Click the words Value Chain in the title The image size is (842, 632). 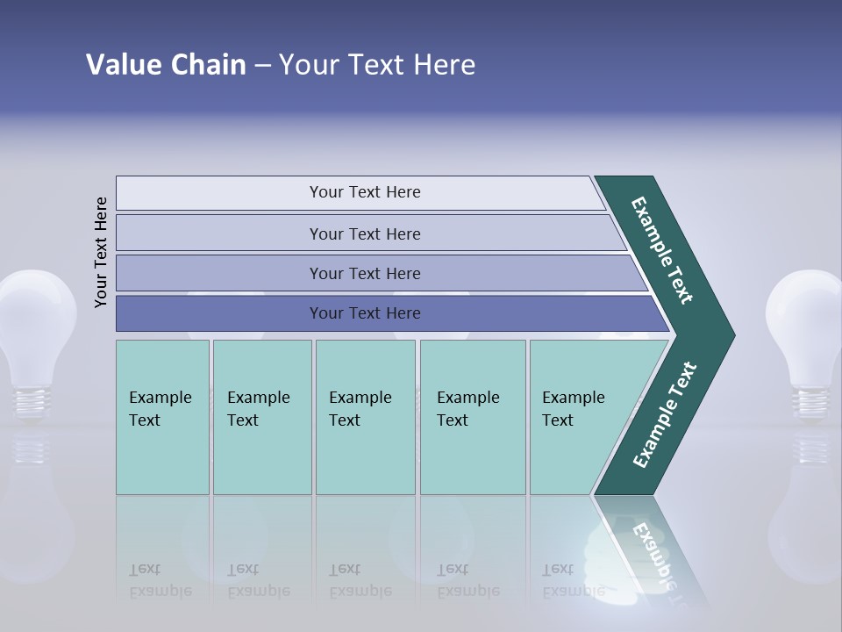pos(166,65)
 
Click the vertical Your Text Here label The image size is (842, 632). pos(102,252)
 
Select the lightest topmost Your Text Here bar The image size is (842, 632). pos(364,192)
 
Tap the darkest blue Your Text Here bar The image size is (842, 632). pos(364,313)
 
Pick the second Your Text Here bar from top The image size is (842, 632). pos(364,233)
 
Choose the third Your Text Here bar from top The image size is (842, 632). pos(364,273)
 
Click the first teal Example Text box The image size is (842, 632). pos(162,417)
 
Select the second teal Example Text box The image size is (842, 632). pos(261,417)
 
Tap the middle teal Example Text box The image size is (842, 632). pos(365,417)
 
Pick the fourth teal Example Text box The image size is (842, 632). pos(472,417)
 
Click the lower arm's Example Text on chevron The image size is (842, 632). pos(665,415)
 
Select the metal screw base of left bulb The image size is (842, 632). pos(33,402)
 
